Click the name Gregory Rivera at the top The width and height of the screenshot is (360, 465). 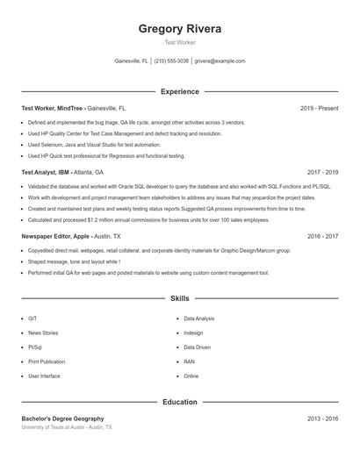click(180, 29)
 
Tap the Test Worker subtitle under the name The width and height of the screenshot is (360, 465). click(180, 42)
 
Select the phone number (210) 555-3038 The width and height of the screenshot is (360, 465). click(171, 61)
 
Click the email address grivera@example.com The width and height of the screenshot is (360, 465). click(220, 61)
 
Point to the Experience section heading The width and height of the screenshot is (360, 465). click(180, 91)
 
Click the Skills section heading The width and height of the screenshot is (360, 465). click(180, 299)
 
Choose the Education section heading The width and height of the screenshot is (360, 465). click(180, 402)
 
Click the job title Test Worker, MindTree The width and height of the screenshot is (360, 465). click(53, 108)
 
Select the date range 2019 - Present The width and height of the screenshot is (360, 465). click(319, 108)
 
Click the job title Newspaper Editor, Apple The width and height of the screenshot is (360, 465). click(56, 237)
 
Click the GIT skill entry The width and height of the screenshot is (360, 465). click(32, 318)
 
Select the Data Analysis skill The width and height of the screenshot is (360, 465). click(199, 318)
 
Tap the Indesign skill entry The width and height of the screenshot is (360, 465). click(193, 333)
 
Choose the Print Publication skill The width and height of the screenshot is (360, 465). click(47, 361)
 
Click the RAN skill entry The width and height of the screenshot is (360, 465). click(190, 361)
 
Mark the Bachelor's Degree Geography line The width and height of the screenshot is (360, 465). click(62, 419)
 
